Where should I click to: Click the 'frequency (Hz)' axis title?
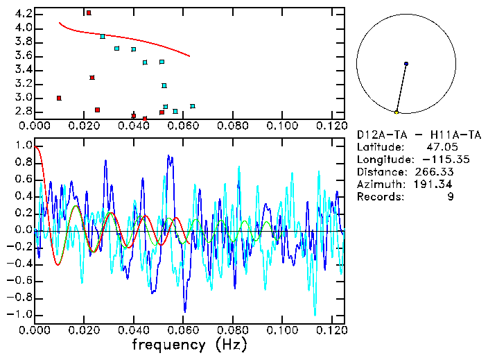coord(189,345)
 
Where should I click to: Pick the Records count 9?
coord(451,197)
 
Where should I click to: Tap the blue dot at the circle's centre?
coord(406,64)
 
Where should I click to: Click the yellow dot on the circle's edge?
coord(397,112)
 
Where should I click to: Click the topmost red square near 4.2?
coord(89,12)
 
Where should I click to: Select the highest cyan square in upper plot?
coord(103,36)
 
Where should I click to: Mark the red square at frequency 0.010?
coord(59,98)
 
